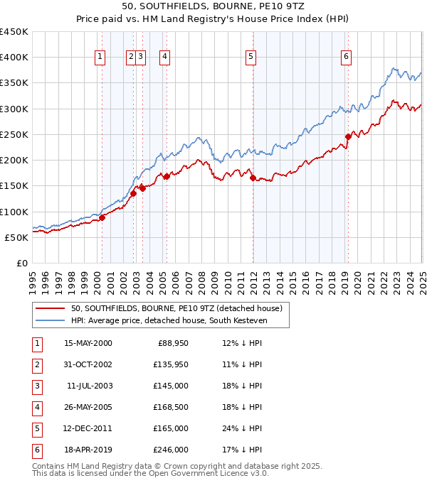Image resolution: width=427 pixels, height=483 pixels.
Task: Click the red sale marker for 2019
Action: (x=348, y=136)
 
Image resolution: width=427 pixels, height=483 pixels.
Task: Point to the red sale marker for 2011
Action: (x=253, y=178)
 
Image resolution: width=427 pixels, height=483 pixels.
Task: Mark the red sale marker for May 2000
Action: (x=102, y=217)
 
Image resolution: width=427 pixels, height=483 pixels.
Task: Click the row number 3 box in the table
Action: (x=36, y=386)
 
